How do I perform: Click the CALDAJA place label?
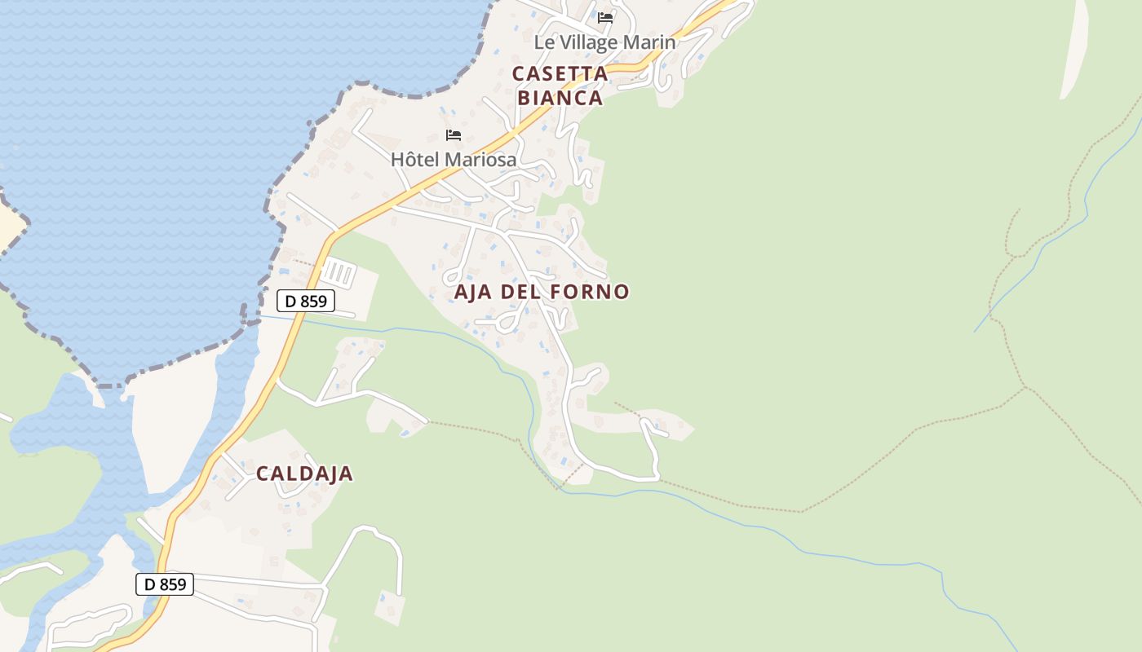304,474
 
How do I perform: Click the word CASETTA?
560,73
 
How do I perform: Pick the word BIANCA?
560,98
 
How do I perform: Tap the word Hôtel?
416,160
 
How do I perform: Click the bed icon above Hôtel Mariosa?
454,134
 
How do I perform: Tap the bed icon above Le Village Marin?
605,17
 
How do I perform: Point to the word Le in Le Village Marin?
543,42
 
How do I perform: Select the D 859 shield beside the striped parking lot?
306,301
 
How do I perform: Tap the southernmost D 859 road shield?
165,584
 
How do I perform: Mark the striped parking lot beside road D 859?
338,274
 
